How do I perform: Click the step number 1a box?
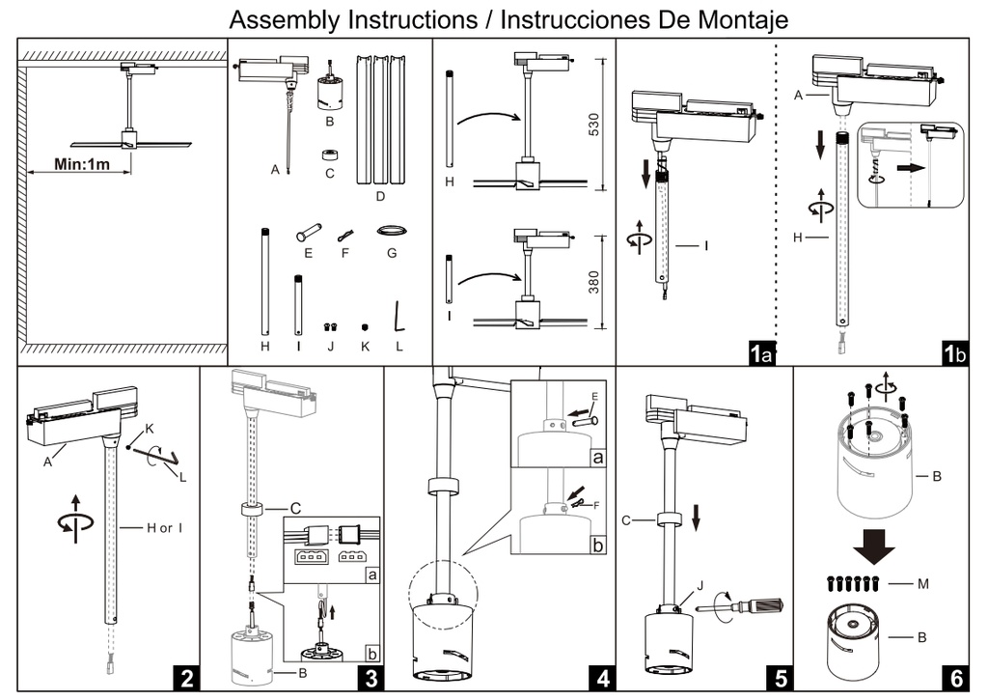click(762, 353)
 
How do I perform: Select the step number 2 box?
click(187, 677)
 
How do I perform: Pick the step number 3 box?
click(370, 677)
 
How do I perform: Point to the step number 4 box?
click(603, 677)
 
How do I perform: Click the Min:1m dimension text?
click(81, 165)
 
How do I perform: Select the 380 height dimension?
click(593, 281)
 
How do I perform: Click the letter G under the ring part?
click(391, 257)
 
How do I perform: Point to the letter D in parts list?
click(380, 197)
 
